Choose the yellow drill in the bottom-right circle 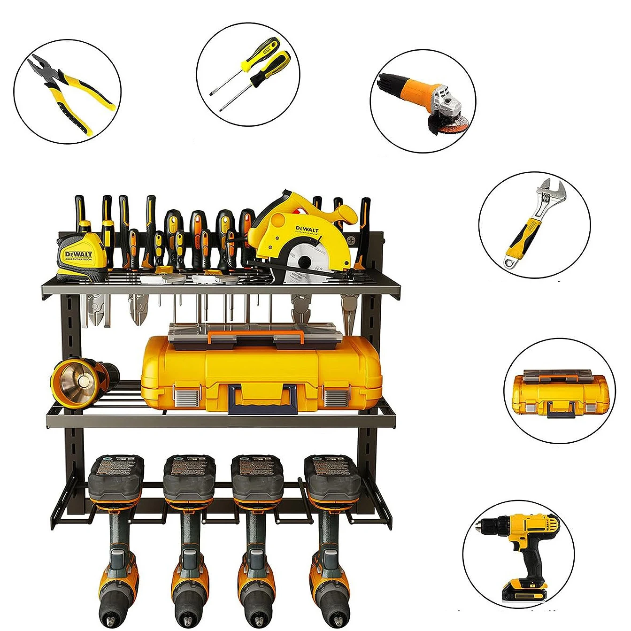(x=526, y=545)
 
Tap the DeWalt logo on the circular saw (x=307, y=230)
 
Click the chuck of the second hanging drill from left (x=189, y=610)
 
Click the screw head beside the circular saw (x=352, y=240)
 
